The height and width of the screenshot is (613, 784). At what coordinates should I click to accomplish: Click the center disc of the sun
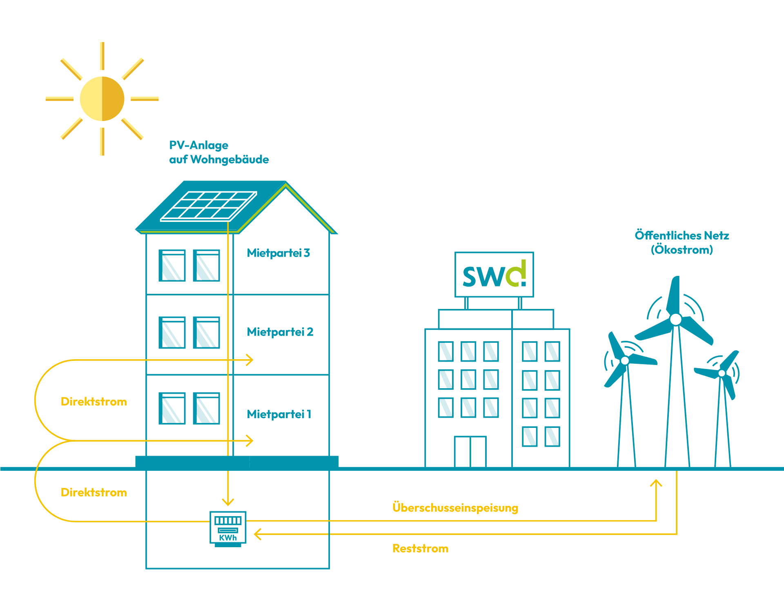(102, 98)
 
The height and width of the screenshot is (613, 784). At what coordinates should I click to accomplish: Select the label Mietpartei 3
(278, 253)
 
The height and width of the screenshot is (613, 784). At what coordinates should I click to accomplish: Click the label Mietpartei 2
(280, 332)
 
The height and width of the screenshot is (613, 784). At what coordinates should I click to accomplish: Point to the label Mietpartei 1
(279, 414)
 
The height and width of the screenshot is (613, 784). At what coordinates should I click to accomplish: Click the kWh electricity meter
(228, 528)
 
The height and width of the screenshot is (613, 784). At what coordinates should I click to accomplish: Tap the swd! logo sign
(494, 274)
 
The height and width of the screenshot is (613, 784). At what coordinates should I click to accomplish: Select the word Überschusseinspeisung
(455, 508)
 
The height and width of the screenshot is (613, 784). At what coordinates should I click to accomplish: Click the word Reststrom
(420, 548)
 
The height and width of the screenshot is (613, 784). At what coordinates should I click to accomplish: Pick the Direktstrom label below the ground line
(94, 492)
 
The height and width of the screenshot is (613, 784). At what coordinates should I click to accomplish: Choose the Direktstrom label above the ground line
(94, 402)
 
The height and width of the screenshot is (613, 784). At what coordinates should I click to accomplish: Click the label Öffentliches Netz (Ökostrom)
(682, 242)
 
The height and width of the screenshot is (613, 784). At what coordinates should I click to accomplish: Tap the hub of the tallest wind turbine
(676, 319)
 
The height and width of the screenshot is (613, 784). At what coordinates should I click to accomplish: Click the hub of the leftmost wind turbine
(625, 360)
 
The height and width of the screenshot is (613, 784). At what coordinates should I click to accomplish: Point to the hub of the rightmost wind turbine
(722, 373)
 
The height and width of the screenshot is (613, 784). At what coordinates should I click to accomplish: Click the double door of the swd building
(470, 452)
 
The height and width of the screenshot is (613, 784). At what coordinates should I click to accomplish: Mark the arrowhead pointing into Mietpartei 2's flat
(249, 360)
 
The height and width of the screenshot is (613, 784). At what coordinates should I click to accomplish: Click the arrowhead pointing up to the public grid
(656, 483)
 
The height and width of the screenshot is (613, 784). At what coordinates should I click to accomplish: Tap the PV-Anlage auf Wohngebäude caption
(219, 152)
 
